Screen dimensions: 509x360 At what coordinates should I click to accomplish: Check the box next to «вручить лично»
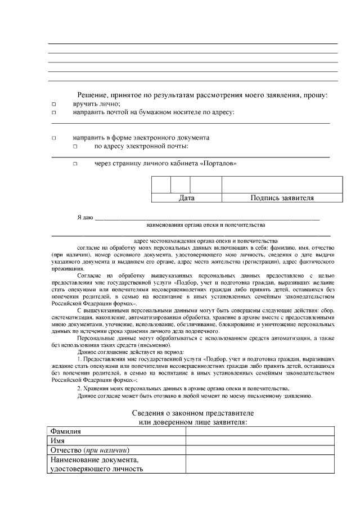[54, 105]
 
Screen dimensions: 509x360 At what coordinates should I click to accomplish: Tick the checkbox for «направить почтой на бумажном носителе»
[54, 112]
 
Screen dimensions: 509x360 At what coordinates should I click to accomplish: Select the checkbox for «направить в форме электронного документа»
[54, 138]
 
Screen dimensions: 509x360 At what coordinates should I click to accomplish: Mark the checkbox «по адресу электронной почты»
[75, 146]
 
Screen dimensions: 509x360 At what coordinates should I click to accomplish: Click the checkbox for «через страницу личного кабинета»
[75, 164]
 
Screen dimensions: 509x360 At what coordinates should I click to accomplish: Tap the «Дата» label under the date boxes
[186, 198]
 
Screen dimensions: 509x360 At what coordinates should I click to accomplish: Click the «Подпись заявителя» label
[282, 198]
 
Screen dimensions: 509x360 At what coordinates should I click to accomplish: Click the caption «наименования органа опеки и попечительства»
[205, 225]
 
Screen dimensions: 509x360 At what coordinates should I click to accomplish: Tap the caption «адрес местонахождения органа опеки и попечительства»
[205, 240]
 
